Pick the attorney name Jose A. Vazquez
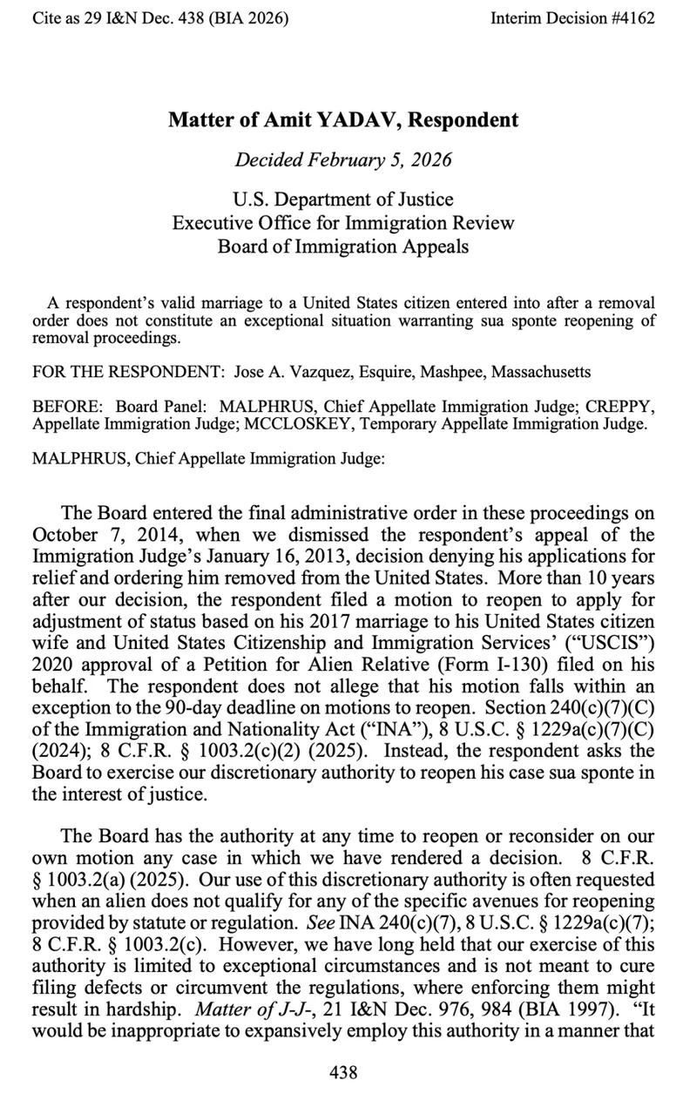point(292,372)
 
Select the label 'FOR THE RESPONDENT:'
point(129,372)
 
